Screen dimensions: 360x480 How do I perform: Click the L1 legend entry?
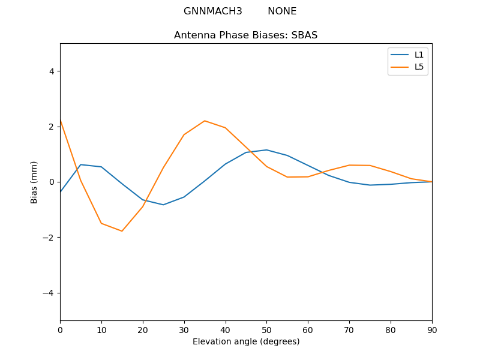419,55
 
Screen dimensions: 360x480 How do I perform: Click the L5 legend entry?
419,67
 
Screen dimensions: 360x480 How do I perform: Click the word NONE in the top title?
282,11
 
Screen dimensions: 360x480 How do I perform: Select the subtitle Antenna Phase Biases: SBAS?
245,35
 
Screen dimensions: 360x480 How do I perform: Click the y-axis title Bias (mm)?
34,182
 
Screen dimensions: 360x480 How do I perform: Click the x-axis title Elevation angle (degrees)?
246,342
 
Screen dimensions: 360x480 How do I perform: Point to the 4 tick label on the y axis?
52,71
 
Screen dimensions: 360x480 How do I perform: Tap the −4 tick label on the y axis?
49,293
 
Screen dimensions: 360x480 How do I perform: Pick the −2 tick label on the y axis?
49,238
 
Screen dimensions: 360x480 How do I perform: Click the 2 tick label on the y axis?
52,127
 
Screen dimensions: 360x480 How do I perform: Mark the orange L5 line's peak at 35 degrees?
205,121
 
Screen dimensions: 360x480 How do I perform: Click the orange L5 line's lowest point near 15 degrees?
122,231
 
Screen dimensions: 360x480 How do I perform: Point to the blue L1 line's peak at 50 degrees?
266,150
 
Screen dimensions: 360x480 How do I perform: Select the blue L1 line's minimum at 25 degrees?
163,205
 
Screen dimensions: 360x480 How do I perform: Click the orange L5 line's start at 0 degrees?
61,121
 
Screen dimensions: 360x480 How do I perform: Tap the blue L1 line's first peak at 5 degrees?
80,164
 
